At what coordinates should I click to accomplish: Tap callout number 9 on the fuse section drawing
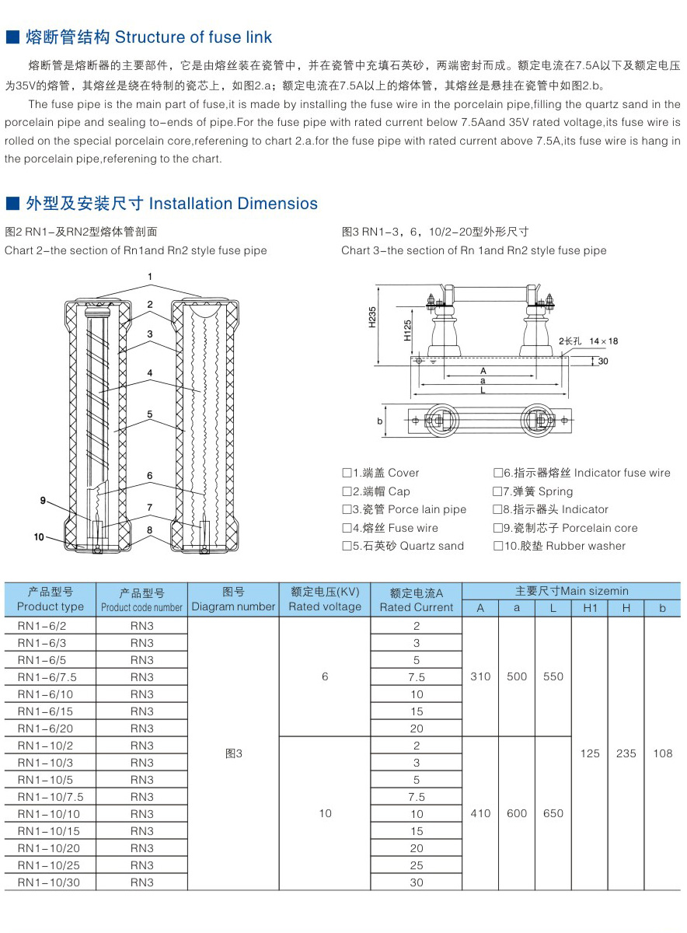coord(44,500)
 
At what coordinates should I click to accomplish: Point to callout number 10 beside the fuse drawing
coord(40,536)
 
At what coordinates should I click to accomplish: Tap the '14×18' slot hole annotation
coord(603,341)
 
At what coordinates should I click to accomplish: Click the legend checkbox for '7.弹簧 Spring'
coord(497,491)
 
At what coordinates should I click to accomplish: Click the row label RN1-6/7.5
coord(47,677)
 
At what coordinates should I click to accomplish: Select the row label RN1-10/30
coord(48,882)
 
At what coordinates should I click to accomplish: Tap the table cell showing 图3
coord(233,753)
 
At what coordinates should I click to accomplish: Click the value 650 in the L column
coord(553,813)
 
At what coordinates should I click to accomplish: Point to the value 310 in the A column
coord(480,676)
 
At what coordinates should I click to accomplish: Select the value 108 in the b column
coord(662,753)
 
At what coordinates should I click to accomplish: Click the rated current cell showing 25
coord(417,865)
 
